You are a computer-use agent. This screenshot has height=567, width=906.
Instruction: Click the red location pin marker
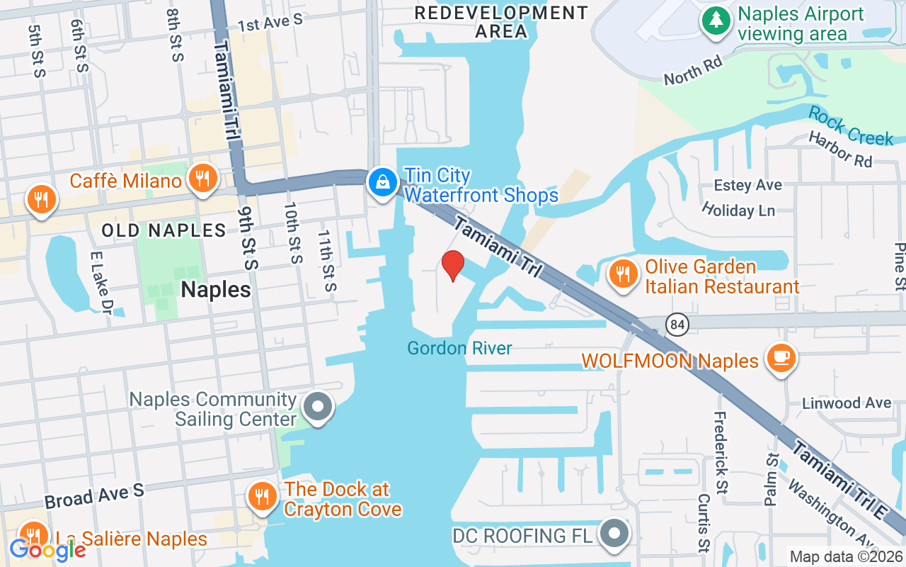(453, 266)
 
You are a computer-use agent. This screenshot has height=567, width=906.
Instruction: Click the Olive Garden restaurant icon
(623, 274)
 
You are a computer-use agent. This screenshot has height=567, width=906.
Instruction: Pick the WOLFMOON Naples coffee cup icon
(781, 359)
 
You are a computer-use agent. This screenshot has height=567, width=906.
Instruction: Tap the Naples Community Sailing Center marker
(318, 408)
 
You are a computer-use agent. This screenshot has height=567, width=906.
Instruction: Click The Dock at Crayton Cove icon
(263, 496)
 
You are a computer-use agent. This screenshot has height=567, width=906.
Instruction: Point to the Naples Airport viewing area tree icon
(716, 21)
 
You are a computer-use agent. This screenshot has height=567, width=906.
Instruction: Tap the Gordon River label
(459, 348)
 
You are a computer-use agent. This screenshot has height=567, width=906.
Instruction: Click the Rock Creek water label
(850, 125)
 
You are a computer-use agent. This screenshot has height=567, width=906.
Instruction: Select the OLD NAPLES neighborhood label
(164, 230)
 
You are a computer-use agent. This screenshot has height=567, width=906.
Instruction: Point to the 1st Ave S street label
(270, 22)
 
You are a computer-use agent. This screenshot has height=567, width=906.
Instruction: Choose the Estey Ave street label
(747, 185)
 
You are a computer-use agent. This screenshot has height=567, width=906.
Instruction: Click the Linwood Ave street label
(847, 403)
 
